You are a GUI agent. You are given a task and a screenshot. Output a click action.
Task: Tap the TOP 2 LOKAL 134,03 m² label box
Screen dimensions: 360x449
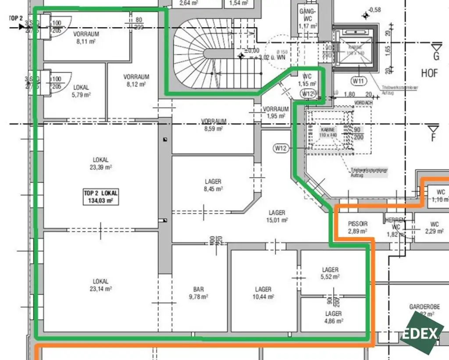(101, 196)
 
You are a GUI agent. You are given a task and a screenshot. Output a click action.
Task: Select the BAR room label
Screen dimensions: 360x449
(199, 293)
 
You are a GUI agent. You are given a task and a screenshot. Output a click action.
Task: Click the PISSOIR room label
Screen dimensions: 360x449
(357, 227)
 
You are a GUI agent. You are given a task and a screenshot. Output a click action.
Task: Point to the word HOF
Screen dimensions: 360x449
(430, 73)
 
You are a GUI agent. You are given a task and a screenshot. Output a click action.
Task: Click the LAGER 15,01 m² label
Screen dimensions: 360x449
(277, 216)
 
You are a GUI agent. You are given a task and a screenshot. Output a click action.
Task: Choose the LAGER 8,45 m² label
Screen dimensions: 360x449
(213, 185)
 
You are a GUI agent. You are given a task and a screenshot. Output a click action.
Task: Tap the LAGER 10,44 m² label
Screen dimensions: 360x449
(263, 293)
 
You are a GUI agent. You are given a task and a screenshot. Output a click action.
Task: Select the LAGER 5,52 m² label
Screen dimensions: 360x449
(330, 273)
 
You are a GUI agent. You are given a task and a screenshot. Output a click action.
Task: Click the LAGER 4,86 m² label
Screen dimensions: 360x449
(333, 317)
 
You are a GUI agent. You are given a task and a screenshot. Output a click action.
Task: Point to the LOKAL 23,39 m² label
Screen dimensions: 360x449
(100, 164)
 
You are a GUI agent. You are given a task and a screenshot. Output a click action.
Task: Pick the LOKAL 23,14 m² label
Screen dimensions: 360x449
(100, 285)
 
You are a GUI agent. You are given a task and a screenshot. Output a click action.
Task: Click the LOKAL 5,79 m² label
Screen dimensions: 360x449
(81, 91)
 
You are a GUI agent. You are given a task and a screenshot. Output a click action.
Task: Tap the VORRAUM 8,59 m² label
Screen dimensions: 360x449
(214, 125)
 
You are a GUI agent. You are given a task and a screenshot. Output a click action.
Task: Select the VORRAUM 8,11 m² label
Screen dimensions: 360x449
(86, 37)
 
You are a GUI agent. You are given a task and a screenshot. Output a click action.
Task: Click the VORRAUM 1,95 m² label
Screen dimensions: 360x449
(276, 112)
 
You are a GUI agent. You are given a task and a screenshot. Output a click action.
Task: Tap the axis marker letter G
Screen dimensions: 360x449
(436, 56)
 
